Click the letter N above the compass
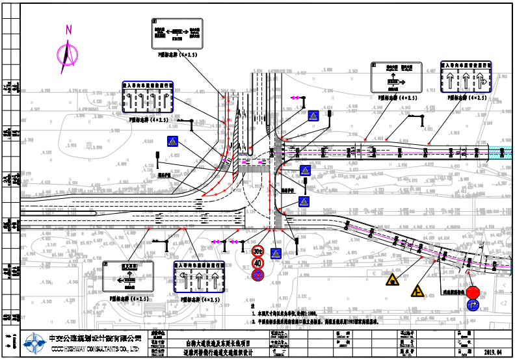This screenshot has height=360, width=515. pyautogui.click(x=68, y=29)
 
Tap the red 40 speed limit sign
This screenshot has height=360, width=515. pyautogui.click(x=258, y=263)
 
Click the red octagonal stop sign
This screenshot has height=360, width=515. pyautogui.click(x=473, y=292)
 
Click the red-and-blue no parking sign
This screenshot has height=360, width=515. pyautogui.click(x=258, y=275)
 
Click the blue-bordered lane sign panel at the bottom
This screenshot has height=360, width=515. pyautogui.click(x=198, y=279)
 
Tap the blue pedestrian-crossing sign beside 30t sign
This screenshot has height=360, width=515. pyautogui.click(x=276, y=253)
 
